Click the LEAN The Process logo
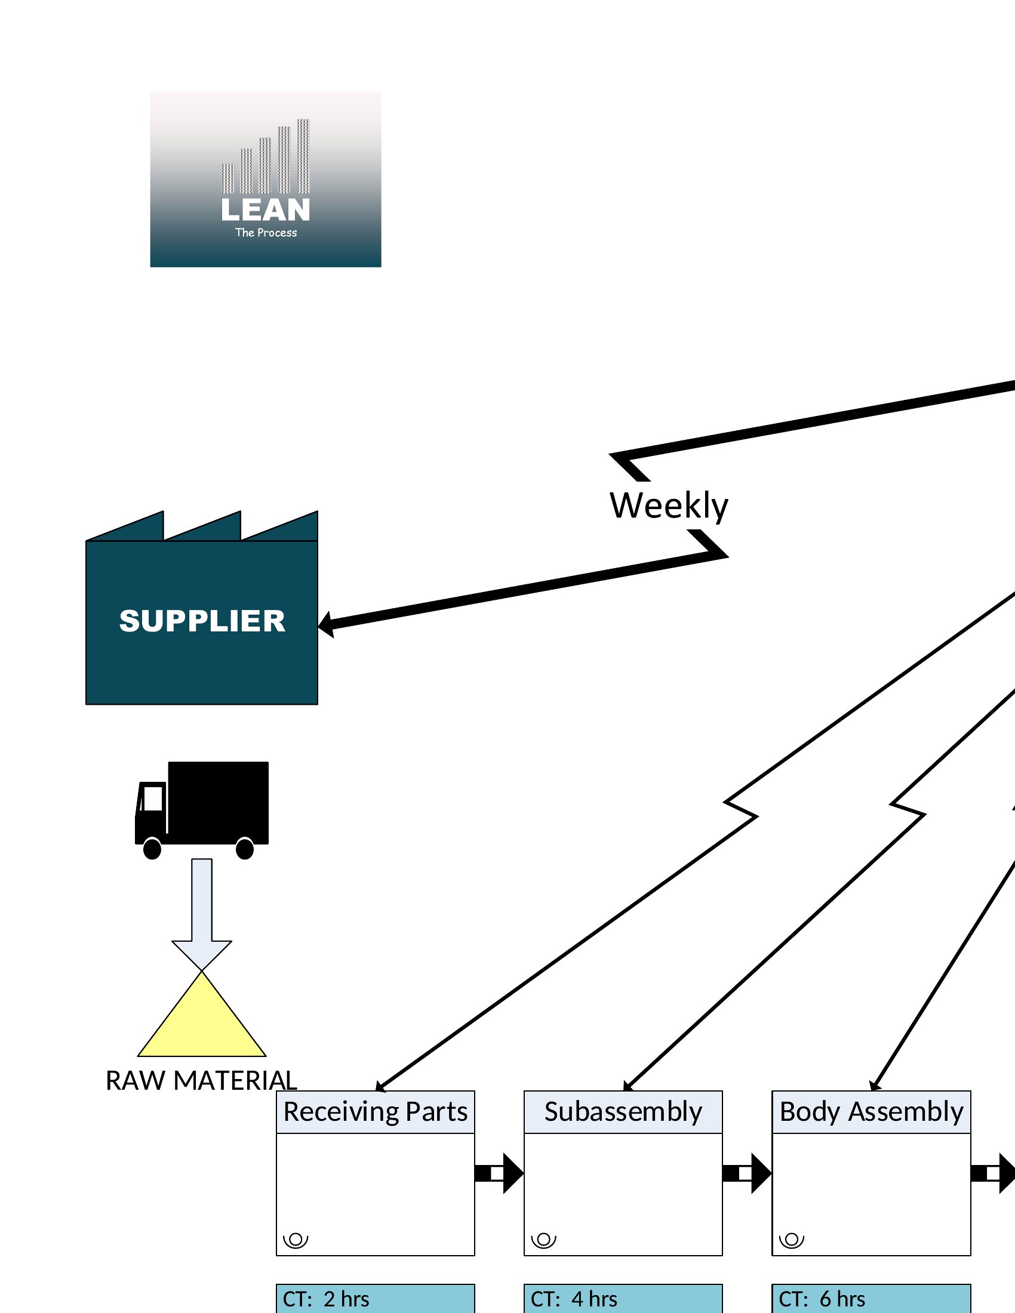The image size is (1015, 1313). click(265, 179)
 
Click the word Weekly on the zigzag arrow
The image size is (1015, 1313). click(669, 506)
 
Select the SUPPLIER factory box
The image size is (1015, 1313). click(202, 608)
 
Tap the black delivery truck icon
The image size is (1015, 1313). click(202, 810)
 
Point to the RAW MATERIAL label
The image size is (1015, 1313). click(201, 1080)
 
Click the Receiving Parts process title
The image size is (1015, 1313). click(375, 1112)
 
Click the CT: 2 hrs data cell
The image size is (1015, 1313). click(375, 1299)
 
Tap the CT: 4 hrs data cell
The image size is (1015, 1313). click(623, 1299)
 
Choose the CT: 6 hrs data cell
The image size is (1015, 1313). click(871, 1299)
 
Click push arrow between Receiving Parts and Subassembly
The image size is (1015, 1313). click(499, 1173)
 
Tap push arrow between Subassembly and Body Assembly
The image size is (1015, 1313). click(747, 1173)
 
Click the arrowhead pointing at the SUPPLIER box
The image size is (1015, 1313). click(325, 624)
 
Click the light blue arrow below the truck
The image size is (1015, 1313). click(202, 914)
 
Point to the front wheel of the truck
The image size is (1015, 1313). click(152, 849)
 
